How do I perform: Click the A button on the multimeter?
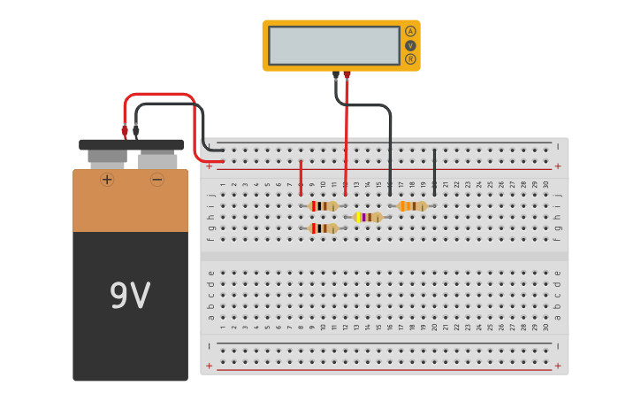(x=410, y=31)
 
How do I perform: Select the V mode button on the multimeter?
(x=410, y=45)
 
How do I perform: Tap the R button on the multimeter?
(x=410, y=59)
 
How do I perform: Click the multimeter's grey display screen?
(x=334, y=45)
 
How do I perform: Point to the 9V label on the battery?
(x=130, y=296)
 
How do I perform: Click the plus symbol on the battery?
(x=107, y=180)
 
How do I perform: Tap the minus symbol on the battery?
(x=157, y=180)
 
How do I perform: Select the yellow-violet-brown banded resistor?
(x=368, y=217)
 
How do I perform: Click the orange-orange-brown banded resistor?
(x=412, y=206)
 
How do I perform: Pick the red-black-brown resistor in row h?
(x=323, y=206)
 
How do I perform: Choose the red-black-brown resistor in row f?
(x=323, y=228)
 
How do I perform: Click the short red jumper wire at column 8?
(x=301, y=177)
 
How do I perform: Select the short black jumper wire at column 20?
(x=434, y=172)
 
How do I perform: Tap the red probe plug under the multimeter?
(x=347, y=76)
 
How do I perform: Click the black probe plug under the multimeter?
(x=336, y=76)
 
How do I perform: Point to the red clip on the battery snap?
(x=125, y=131)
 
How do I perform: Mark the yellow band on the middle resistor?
(x=358, y=217)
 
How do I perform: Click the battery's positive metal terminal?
(x=107, y=158)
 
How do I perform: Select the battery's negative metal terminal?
(x=157, y=159)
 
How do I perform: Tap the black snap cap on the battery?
(x=132, y=144)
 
